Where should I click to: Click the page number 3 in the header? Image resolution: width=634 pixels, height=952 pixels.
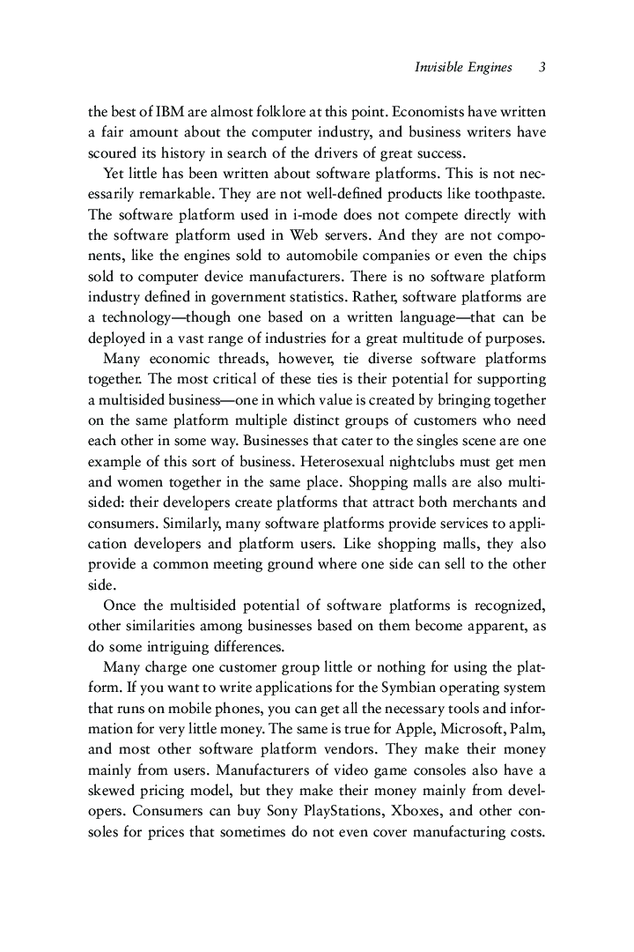pos(542,68)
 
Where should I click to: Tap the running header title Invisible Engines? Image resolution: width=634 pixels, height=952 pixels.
pos(463,68)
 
